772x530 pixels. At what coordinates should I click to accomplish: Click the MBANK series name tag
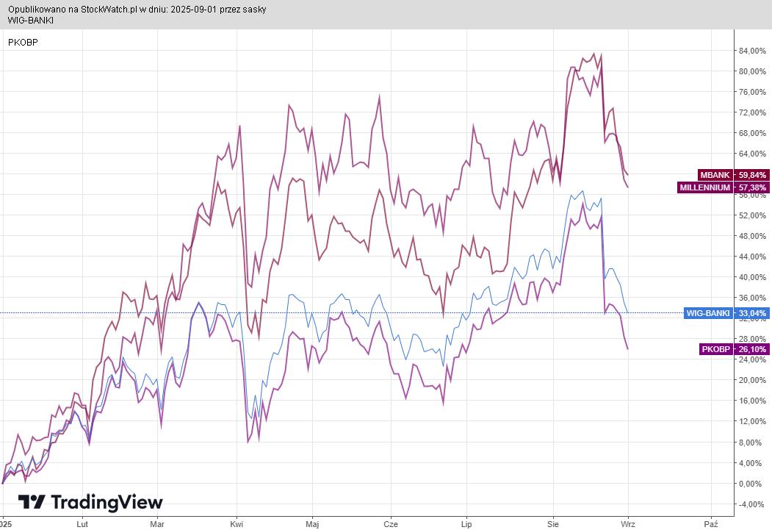(x=715, y=175)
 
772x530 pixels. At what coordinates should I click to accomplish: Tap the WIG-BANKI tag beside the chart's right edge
(x=707, y=313)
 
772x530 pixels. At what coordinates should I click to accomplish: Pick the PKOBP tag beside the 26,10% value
(x=716, y=349)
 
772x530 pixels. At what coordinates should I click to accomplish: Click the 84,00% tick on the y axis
(x=752, y=51)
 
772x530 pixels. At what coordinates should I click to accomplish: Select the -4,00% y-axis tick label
(x=752, y=504)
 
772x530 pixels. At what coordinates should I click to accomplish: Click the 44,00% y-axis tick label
(x=752, y=257)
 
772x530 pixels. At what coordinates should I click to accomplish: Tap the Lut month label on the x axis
(x=82, y=523)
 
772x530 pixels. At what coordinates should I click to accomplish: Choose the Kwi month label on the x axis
(x=236, y=523)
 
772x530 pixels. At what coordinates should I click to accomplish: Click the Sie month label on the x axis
(x=553, y=523)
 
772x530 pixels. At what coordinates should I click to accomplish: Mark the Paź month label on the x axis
(x=710, y=523)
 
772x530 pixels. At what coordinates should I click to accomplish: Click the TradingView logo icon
(x=32, y=503)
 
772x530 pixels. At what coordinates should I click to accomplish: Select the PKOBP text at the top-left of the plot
(x=23, y=42)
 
